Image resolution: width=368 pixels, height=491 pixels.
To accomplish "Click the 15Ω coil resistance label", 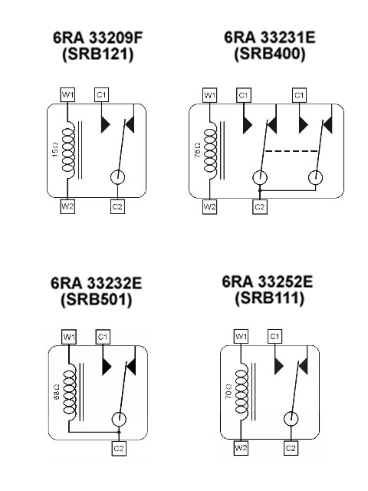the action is (55, 150).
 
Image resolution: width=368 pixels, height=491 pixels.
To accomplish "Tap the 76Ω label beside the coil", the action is (197, 150).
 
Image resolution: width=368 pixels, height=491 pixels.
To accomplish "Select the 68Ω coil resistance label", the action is (57, 392).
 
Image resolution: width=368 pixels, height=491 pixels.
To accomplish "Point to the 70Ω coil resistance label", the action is (228, 391).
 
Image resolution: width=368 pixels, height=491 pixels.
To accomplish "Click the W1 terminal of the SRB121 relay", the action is (67, 94).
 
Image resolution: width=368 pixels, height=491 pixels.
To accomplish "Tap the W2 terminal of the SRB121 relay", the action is (67, 206).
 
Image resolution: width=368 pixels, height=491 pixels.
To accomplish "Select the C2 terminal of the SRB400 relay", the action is (260, 207).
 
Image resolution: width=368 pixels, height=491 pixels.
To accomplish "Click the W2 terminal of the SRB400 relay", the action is (209, 207).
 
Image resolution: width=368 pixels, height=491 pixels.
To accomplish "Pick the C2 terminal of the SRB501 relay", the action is (119, 449).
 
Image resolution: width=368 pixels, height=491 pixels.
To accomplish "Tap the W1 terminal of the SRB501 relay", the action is (69, 337).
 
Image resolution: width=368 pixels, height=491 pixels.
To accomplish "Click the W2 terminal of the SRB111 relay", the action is (241, 448).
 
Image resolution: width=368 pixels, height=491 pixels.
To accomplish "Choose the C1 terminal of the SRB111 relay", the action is (274, 337).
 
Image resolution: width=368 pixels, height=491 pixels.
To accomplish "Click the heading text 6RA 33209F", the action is (97, 38).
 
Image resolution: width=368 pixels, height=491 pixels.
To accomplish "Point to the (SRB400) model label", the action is (269, 54).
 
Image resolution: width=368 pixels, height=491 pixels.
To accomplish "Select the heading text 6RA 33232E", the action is (97, 283).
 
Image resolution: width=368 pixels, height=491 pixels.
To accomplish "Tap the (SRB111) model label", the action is (269, 298).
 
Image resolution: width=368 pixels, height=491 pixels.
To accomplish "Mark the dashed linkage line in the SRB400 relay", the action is (291, 151).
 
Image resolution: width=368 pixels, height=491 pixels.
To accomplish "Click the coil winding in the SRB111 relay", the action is (242, 391).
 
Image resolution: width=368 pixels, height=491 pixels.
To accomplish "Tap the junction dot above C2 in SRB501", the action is (119, 432).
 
